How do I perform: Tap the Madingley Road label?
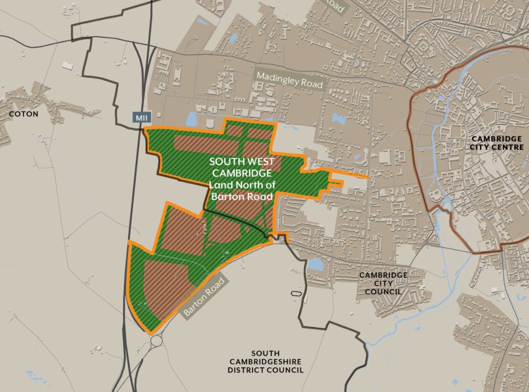(x=289, y=80)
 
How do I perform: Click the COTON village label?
(x=23, y=114)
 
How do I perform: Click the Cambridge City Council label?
(x=383, y=283)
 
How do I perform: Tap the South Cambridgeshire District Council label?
(x=266, y=361)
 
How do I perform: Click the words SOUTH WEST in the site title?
(x=241, y=162)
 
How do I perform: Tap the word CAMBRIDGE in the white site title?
(x=241, y=173)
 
